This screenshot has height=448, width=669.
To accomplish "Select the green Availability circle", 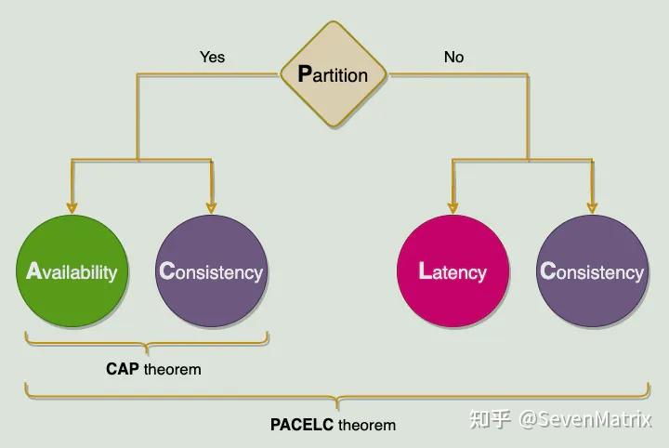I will point(72,271).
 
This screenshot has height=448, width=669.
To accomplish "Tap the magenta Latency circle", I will point(453,271).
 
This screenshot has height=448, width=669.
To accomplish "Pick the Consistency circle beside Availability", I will point(212,271).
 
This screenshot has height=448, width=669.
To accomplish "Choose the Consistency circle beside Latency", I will point(592,271).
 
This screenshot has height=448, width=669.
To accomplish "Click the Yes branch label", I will point(212,57).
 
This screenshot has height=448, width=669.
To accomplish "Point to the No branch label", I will point(453,57).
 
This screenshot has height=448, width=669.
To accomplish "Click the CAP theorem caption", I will point(153,369).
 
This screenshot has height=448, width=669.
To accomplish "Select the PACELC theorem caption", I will point(333,425).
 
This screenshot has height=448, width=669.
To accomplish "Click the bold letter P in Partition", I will point(305,74).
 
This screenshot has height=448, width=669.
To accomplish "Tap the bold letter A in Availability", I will point(33,271).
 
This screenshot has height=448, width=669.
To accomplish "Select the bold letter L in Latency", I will point(425,271).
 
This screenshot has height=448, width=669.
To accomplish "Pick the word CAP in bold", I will point(123,369).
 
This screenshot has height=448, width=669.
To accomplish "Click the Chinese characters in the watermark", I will point(491,419).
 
